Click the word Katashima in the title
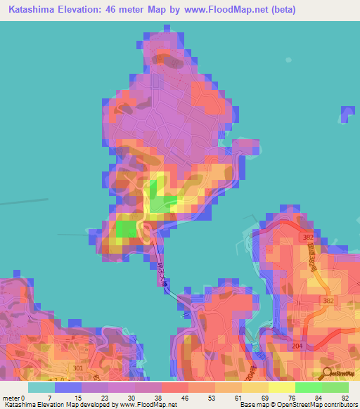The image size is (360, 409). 30,10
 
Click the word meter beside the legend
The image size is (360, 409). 12,398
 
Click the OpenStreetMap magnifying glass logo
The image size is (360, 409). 328,372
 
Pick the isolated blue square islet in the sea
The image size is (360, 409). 347,115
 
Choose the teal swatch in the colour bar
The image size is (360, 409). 41,387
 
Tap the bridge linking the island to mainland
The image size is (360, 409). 165,278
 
